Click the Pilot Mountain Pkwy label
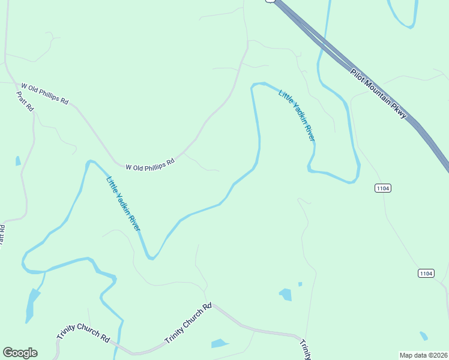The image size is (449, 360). pos(379,94)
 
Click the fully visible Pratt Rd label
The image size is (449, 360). pos(25,101)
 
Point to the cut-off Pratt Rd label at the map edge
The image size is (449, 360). pos(2,235)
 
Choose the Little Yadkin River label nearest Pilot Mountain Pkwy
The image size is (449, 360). pos(297,116)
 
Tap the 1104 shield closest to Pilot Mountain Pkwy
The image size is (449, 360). pos(383,188)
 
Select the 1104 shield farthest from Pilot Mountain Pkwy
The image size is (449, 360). pos(426,274)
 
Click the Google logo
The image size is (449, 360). pos(20,353)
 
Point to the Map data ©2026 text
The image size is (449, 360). pos(424,355)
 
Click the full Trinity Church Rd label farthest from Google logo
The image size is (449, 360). pos(188,324)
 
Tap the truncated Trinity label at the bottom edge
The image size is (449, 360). pos(305,349)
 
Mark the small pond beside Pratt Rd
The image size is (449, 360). pos(18,161)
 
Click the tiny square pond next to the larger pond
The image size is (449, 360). pos(300,284)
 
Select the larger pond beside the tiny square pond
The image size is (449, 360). pos(286,294)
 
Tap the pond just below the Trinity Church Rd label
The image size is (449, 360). pos(220,344)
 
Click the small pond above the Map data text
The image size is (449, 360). pos(424,335)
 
